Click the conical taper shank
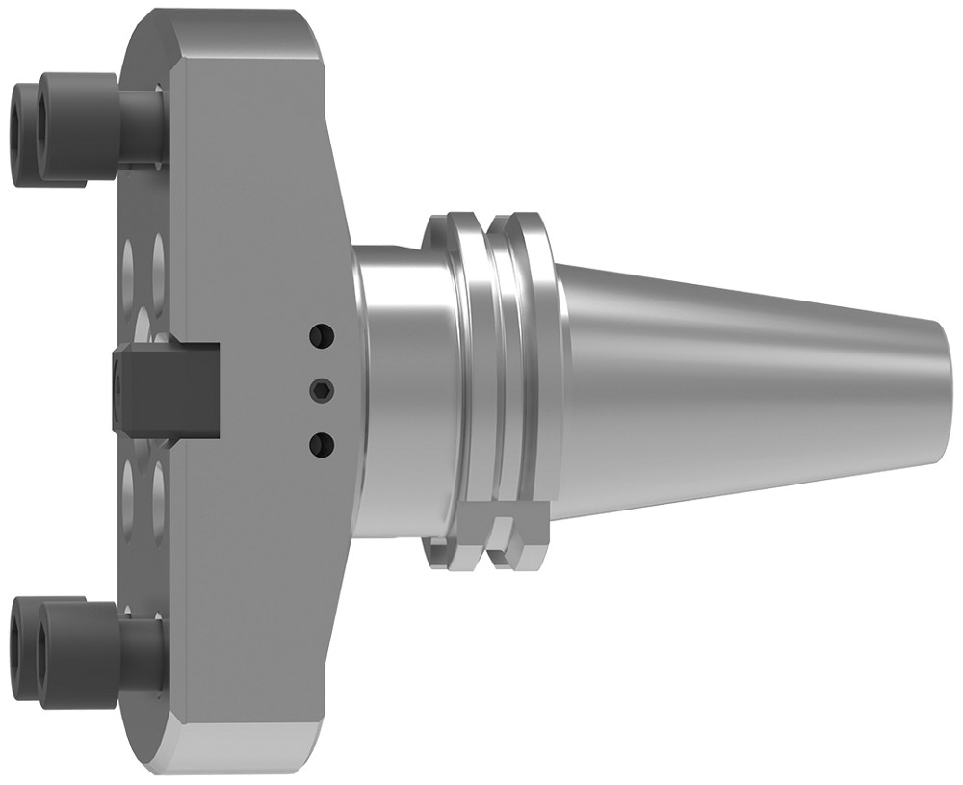coord(751,385)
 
